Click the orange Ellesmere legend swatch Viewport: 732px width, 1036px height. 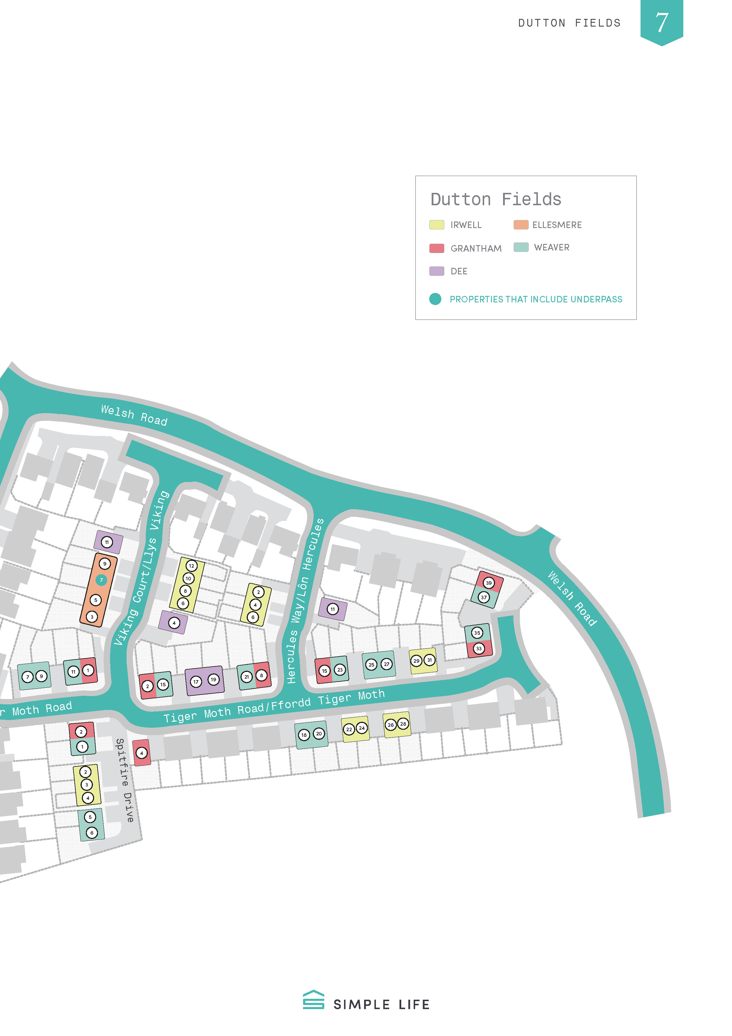(521, 225)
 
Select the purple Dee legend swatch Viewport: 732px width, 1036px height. (436, 271)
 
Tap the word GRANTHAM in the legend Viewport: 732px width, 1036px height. (476, 249)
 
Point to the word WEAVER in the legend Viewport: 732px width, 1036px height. (552, 247)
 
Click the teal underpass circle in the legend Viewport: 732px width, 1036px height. (435, 299)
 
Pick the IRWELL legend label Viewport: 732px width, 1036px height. (466, 225)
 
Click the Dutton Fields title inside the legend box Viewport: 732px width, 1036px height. (496, 199)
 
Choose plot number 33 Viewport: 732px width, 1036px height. (479, 649)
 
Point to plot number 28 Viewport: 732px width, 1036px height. (403, 724)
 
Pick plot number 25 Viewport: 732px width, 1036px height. (371, 665)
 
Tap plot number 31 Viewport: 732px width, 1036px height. (430, 660)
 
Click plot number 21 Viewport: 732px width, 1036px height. (246, 677)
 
